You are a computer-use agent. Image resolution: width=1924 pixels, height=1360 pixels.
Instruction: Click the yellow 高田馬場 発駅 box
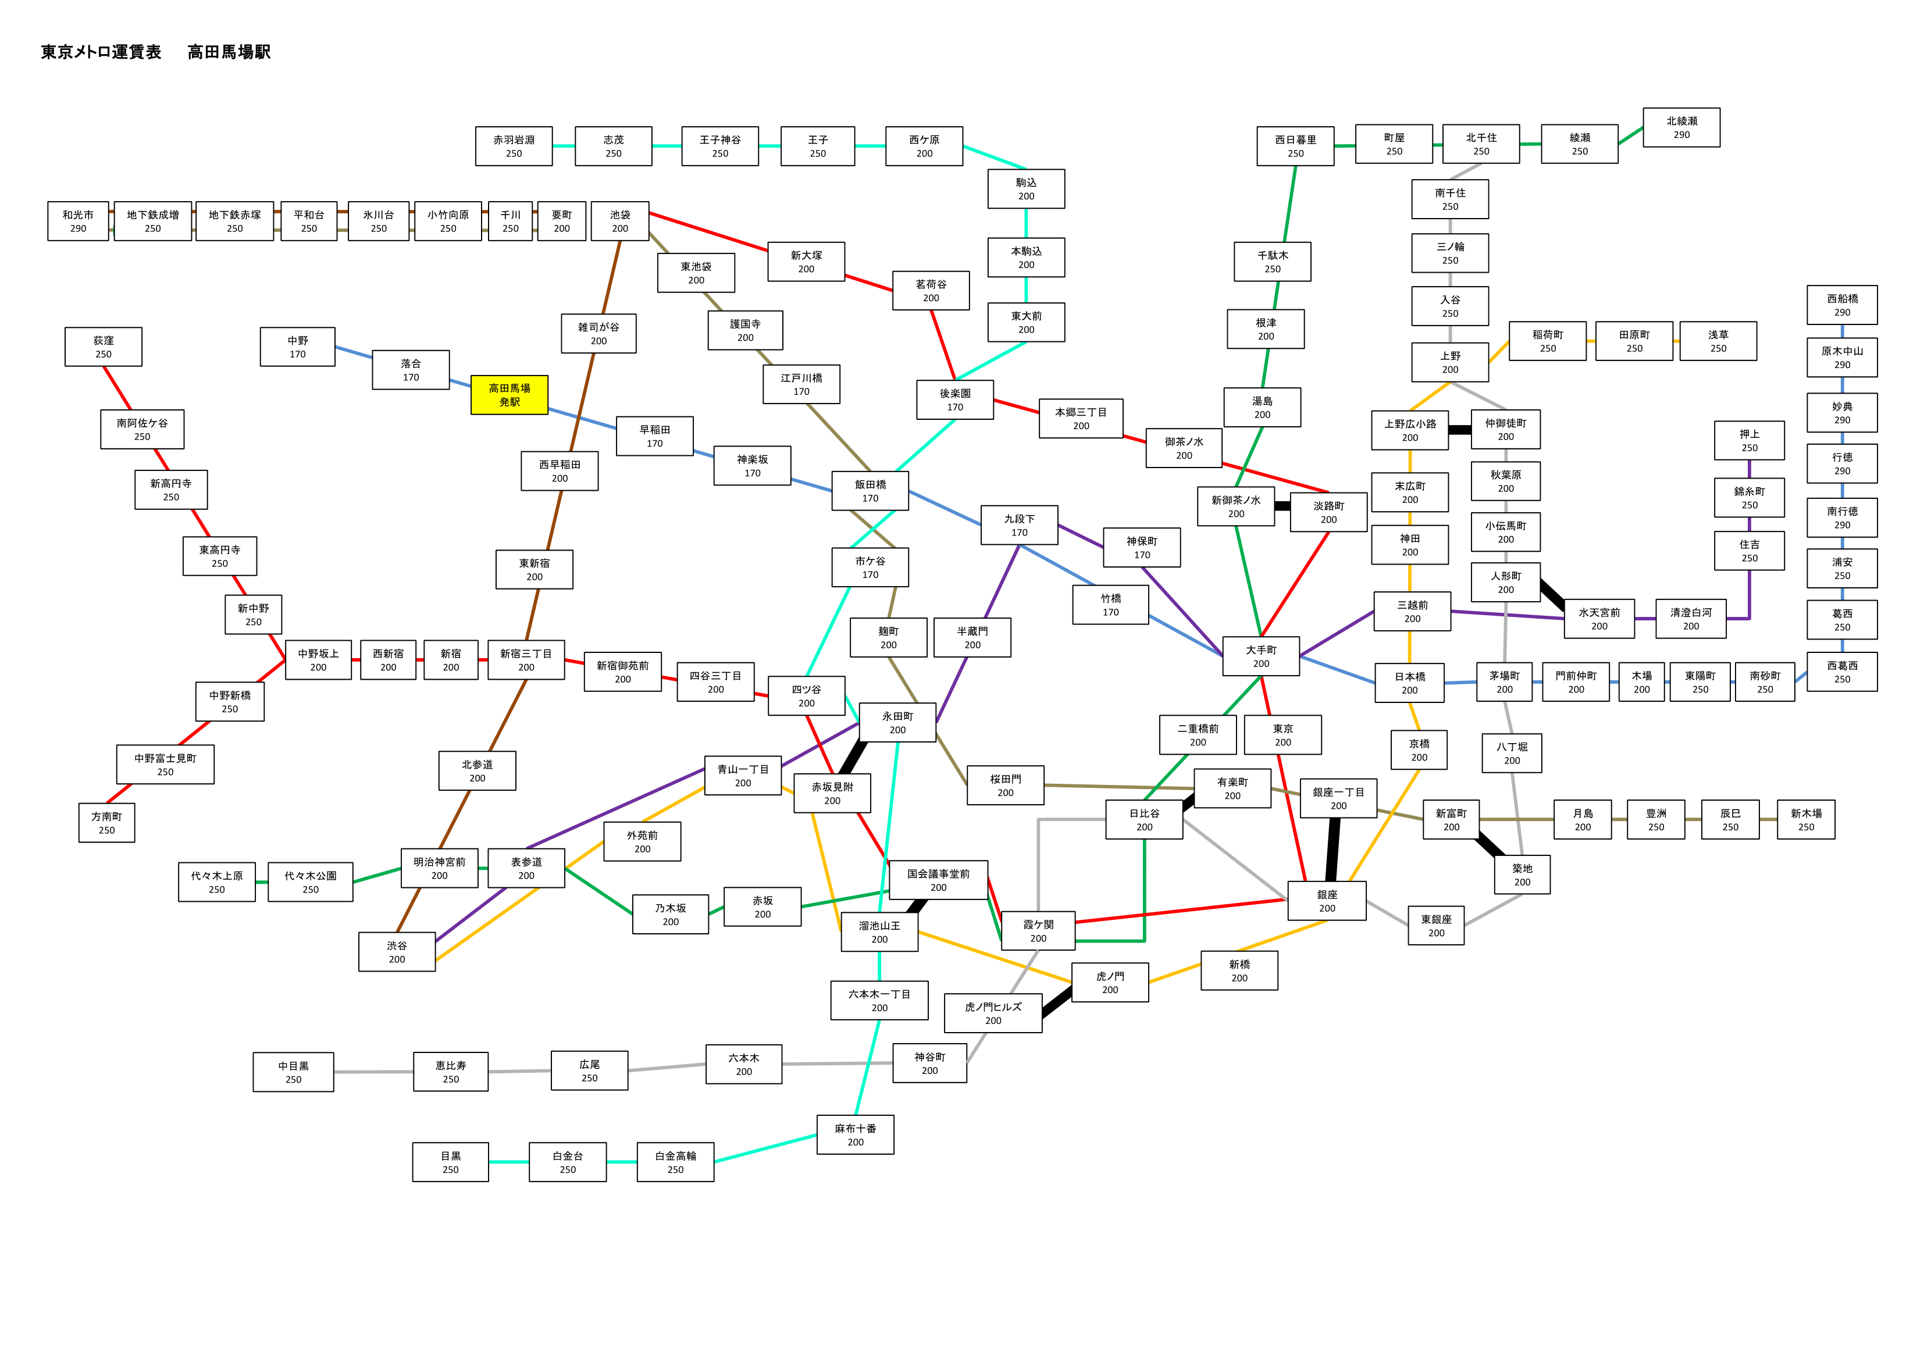(x=509, y=395)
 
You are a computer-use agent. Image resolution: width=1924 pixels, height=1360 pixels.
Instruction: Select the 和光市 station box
(x=78, y=221)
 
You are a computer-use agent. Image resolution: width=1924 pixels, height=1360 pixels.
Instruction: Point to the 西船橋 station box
(x=1842, y=305)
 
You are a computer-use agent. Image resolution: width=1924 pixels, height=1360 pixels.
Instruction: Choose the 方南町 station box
(x=106, y=823)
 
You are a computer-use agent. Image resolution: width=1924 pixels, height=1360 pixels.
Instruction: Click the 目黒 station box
(x=451, y=1162)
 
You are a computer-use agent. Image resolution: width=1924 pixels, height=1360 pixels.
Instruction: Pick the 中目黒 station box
(x=293, y=1072)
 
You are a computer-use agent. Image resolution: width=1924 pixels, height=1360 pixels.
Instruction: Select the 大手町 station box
(x=1261, y=656)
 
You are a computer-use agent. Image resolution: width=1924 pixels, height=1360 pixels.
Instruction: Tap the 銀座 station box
(x=1327, y=901)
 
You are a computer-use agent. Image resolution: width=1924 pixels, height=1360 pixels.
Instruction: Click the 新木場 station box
(x=1806, y=819)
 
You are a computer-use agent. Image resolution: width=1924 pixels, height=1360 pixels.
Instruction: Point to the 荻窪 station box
(x=103, y=347)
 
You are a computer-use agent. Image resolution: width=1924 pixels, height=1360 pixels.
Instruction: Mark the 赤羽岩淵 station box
(x=514, y=146)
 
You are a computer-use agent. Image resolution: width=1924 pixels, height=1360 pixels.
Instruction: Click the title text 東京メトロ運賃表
(x=101, y=52)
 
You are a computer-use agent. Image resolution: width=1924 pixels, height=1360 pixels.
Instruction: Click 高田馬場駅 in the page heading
(x=229, y=52)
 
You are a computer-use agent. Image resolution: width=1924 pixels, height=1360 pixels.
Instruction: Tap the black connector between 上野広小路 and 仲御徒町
(x=1460, y=430)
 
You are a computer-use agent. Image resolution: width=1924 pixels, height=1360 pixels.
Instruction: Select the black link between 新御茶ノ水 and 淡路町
(x=1282, y=506)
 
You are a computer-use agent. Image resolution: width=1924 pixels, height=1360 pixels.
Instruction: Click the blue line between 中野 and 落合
(x=354, y=352)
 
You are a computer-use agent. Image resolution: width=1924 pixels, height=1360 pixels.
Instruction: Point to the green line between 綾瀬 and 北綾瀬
(x=1631, y=135)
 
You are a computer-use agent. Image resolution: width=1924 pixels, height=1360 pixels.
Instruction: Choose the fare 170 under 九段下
(x=1019, y=532)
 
